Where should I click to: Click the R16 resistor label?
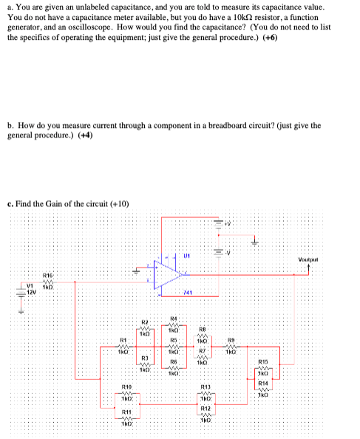pyautogui.click(x=47, y=273)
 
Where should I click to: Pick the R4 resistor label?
pyautogui.click(x=173, y=319)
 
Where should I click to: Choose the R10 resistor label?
pyautogui.click(x=126, y=387)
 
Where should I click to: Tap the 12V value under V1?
pyautogui.click(x=32, y=293)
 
